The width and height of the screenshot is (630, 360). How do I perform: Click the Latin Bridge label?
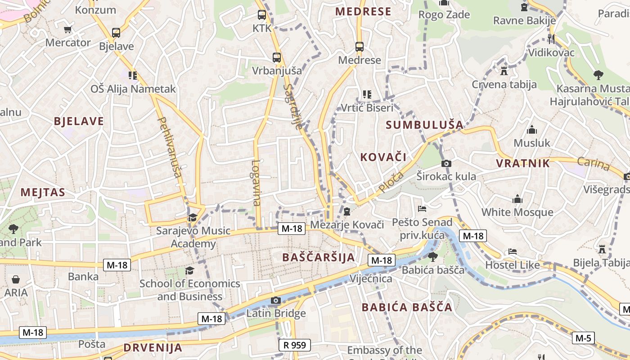click(x=276, y=313)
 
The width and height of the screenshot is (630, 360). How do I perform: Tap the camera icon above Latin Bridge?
click(x=276, y=301)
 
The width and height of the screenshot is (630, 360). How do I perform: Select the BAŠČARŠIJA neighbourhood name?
click(x=319, y=257)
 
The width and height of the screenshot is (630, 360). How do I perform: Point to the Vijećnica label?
click(x=371, y=279)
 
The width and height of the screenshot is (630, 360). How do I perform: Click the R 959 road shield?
click(x=295, y=345)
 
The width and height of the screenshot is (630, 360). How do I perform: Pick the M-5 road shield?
click(x=583, y=337)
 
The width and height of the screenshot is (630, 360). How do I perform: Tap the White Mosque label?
click(x=517, y=212)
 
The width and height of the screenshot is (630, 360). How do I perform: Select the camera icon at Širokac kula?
click(x=446, y=163)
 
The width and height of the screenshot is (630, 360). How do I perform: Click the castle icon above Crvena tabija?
click(x=504, y=71)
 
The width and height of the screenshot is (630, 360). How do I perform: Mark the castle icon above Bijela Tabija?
click(x=602, y=249)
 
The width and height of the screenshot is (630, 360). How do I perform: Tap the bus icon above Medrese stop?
click(x=359, y=46)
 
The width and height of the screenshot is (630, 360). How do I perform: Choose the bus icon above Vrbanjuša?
click(x=277, y=58)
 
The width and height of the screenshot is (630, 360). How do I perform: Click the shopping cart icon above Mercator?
click(x=67, y=30)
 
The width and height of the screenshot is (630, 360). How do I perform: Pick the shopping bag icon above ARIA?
click(x=16, y=279)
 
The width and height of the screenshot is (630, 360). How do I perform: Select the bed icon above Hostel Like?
click(x=512, y=252)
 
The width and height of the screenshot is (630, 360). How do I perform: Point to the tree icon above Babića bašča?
click(x=432, y=257)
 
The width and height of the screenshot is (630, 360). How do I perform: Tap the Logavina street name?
click(x=256, y=183)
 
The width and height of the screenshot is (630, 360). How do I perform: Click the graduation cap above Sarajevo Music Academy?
click(x=193, y=217)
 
